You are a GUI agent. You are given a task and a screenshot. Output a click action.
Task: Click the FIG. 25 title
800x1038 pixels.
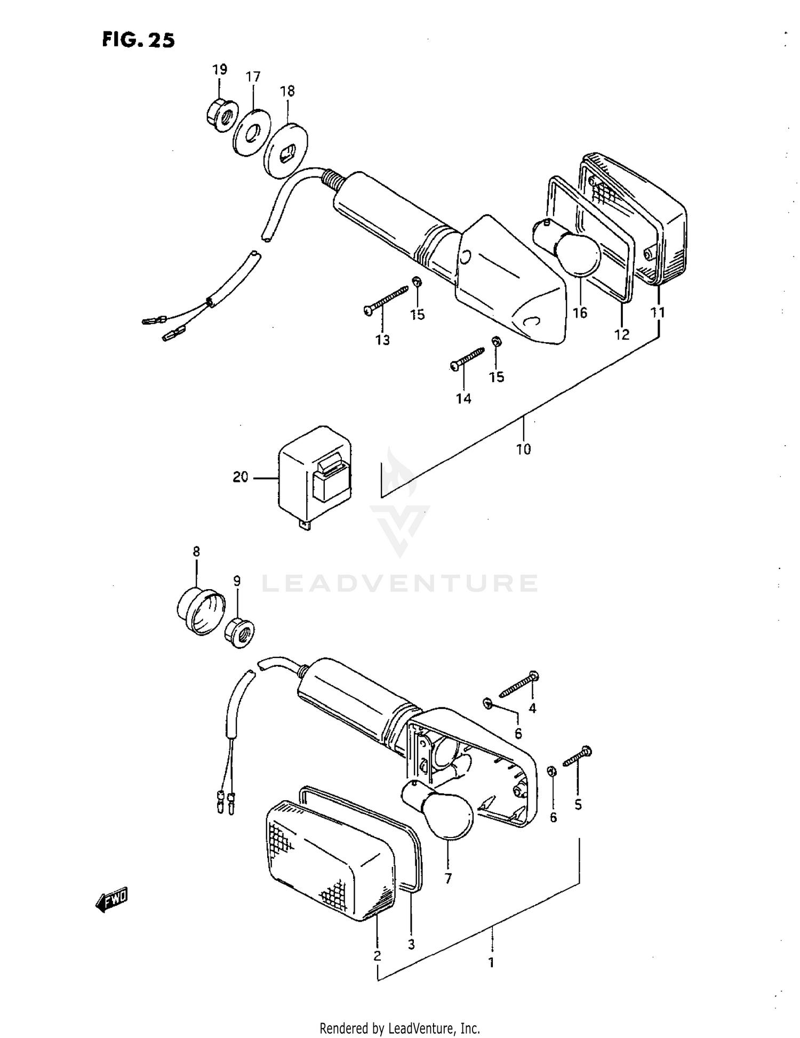tap(138, 41)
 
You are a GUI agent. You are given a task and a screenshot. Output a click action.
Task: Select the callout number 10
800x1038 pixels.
tap(523, 449)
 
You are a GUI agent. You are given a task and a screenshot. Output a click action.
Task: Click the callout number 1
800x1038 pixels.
tap(491, 963)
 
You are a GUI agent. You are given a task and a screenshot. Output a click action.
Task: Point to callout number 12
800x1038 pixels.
tap(622, 334)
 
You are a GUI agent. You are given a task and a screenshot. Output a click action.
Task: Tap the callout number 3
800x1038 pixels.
tap(411, 944)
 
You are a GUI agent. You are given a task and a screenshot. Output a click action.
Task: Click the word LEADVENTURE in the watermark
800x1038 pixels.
tap(400, 583)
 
